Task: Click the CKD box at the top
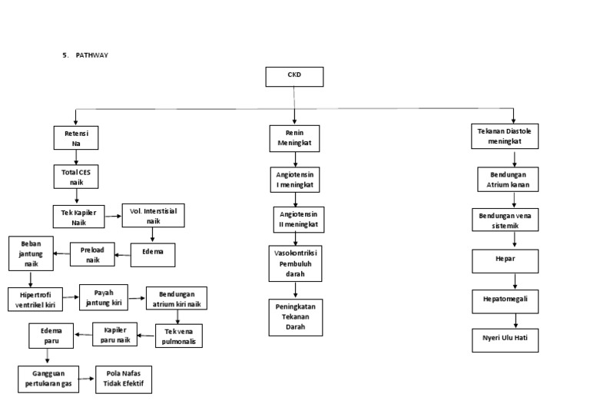coord(294,77)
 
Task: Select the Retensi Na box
coord(76,137)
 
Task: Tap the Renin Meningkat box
coord(294,137)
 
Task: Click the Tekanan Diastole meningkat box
coord(504,137)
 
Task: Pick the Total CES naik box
coord(76,177)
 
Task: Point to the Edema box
coord(153,253)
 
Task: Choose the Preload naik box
coord(92,254)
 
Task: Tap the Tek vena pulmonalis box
coord(179,336)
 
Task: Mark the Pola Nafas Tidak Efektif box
coord(124,379)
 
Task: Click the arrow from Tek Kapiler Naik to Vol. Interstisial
coord(112,216)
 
